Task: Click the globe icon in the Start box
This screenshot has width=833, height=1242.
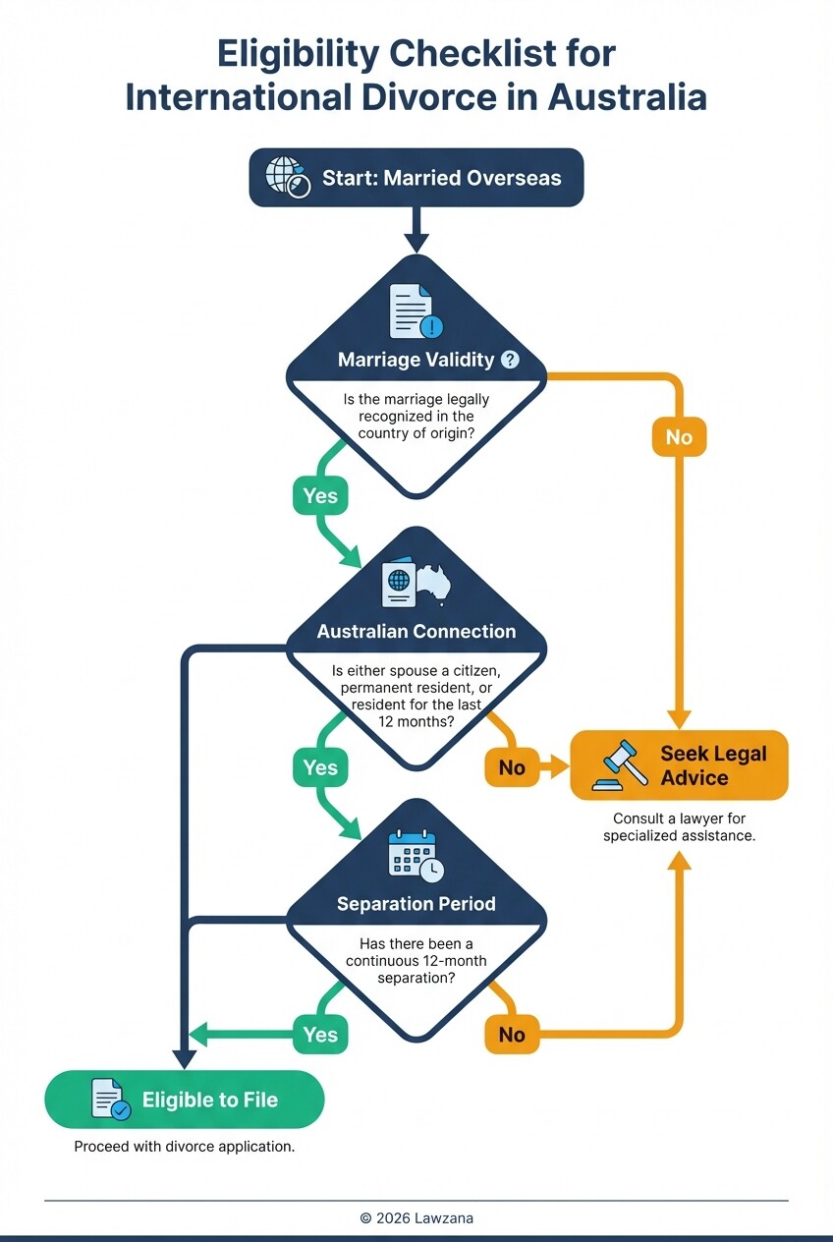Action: pos(289,178)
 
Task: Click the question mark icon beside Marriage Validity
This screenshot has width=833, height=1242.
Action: pos(510,360)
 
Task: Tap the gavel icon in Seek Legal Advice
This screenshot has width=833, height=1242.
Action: pos(620,766)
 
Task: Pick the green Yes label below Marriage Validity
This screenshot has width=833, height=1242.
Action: pos(320,496)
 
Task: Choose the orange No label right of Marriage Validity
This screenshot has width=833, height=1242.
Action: pos(679,436)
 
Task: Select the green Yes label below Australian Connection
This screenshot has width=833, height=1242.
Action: pos(320,767)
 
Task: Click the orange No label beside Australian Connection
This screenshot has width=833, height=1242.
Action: pos(512,767)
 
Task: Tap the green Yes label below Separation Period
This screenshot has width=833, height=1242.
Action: pos(320,1035)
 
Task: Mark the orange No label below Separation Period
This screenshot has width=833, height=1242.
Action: pos(512,1035)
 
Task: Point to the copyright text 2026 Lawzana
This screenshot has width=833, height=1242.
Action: pos(416,1217)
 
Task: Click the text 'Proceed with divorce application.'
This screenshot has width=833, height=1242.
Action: pos(185,1147)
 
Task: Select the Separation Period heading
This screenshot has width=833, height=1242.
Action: pos(416,903)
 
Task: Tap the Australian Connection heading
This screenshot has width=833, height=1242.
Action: pos(416,632)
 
